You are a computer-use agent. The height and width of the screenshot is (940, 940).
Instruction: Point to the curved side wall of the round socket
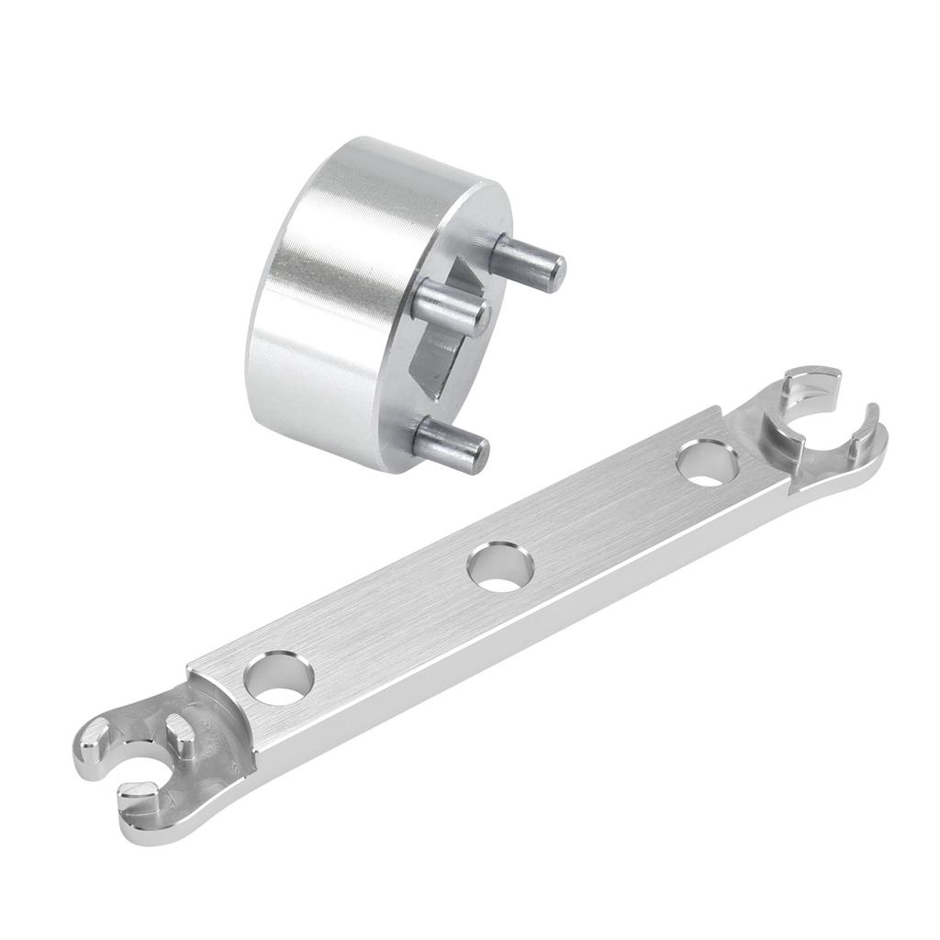coord(321,294)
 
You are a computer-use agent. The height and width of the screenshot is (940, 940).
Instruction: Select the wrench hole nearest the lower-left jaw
coord(279,678)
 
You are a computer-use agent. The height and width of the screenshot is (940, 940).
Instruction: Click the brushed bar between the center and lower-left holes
coord(386,624)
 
